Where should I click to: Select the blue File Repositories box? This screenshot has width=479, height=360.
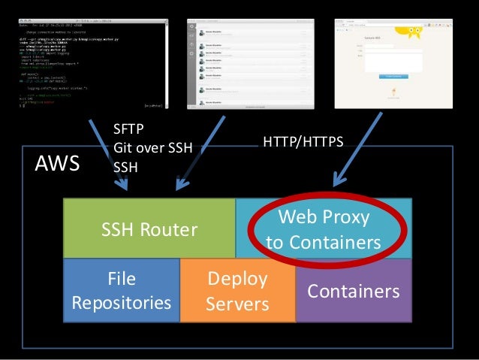coord(122,291)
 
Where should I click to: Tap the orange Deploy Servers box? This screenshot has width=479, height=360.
coord(237,291)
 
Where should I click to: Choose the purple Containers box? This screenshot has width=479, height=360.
coord(354,292)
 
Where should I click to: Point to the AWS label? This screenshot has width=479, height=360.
coord(58,164)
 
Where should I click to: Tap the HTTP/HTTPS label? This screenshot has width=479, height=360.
coord(301,139)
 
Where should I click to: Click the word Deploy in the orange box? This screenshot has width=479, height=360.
coord(237,279)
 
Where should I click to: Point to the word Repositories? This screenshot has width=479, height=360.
coord(122,303)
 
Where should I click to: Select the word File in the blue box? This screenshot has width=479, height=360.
coord(122,279)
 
